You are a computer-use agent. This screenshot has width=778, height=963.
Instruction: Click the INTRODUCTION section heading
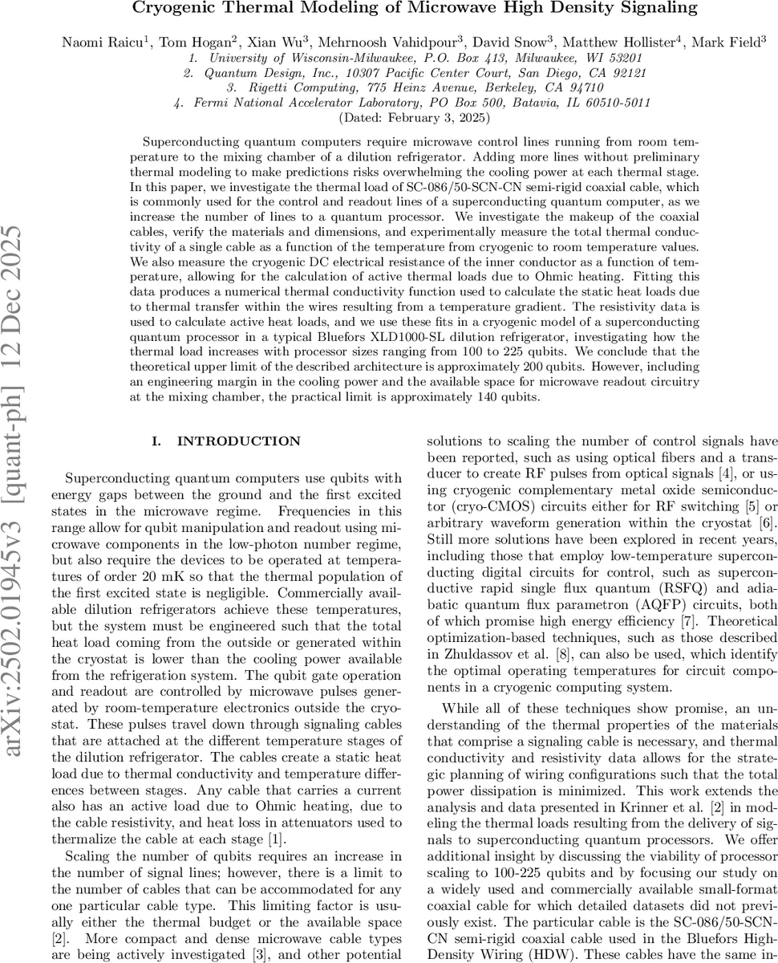click(238, 441)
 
